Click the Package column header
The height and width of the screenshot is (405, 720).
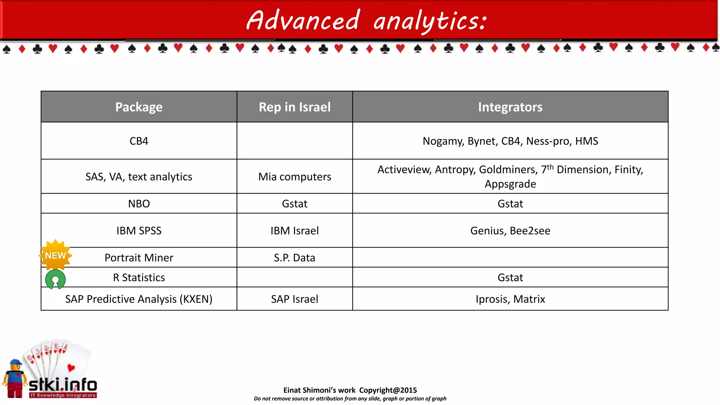coord(139,107)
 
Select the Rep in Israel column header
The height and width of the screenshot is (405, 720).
coord(295,107)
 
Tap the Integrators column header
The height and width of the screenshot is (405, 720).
coord(510,107)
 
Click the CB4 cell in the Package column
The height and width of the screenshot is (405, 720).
coord(139,141)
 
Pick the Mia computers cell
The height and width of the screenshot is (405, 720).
coord(295,176)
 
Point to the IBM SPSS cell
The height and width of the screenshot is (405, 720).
coord(139,231)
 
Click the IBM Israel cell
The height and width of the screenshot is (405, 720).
coord(295,231)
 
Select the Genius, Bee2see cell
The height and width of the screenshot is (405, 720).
coord(510,231)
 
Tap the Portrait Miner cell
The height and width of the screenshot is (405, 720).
coord(139,258)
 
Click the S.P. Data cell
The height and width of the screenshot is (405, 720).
coord(295,258)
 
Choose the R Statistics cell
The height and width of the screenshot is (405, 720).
coord(139,277)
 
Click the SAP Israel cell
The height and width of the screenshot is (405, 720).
coord(295,299)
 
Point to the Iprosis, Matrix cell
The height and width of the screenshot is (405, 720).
coord(510,299)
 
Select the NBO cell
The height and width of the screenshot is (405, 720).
coord(139,204)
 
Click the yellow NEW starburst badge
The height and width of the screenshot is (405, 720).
coord(56,255)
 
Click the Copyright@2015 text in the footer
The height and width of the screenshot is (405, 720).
coord(388,390)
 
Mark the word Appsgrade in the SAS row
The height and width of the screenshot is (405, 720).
coord(510,184)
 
